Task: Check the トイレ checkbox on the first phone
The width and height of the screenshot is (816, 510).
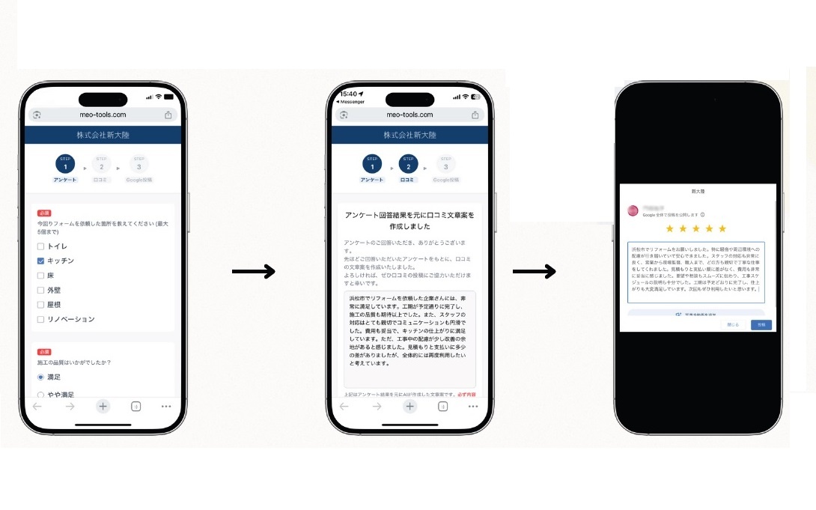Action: point(40,246)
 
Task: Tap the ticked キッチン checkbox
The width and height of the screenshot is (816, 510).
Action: point(40,261)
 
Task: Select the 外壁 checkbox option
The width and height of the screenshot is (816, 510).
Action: point(40,290)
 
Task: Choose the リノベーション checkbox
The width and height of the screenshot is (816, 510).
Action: point(40,319)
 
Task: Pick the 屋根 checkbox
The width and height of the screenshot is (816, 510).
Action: point(40,305)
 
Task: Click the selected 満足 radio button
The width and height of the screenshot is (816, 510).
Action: point(40,377)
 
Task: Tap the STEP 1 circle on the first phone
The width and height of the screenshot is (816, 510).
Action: point(65,163)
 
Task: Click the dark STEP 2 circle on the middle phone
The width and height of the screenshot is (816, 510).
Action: point(408,163)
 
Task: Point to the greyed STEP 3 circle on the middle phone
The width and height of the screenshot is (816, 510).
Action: point(445,163)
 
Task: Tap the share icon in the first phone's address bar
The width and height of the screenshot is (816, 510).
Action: point(168,115)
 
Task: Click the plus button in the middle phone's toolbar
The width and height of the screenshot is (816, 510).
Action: point(409,406)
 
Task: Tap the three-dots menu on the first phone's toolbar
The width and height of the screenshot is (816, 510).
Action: point(166,406)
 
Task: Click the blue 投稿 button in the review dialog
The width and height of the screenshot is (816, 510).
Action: point(761,325)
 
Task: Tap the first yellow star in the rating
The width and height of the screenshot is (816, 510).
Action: point(670,228)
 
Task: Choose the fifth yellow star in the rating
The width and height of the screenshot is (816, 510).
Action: point(722,228)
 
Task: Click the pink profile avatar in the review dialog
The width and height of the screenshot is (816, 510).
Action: point(633,211)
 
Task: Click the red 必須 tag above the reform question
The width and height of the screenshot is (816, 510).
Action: point(44,213)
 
